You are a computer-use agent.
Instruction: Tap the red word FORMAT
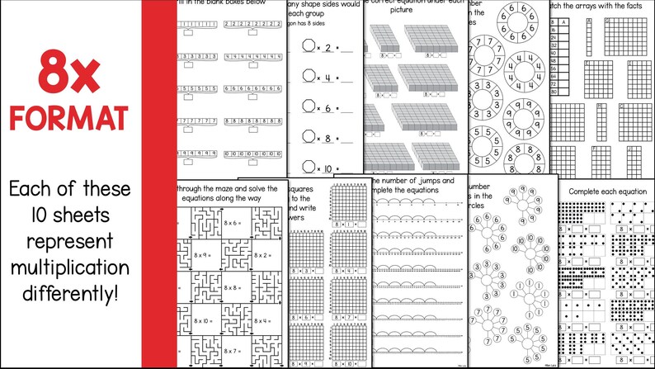69,116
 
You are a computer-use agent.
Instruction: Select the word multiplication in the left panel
69,267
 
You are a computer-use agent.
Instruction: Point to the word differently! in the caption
69,295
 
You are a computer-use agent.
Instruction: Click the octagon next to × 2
309,48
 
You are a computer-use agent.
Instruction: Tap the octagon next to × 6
309,107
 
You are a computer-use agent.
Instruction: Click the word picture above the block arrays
401,10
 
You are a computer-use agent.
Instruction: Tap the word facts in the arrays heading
639,7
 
